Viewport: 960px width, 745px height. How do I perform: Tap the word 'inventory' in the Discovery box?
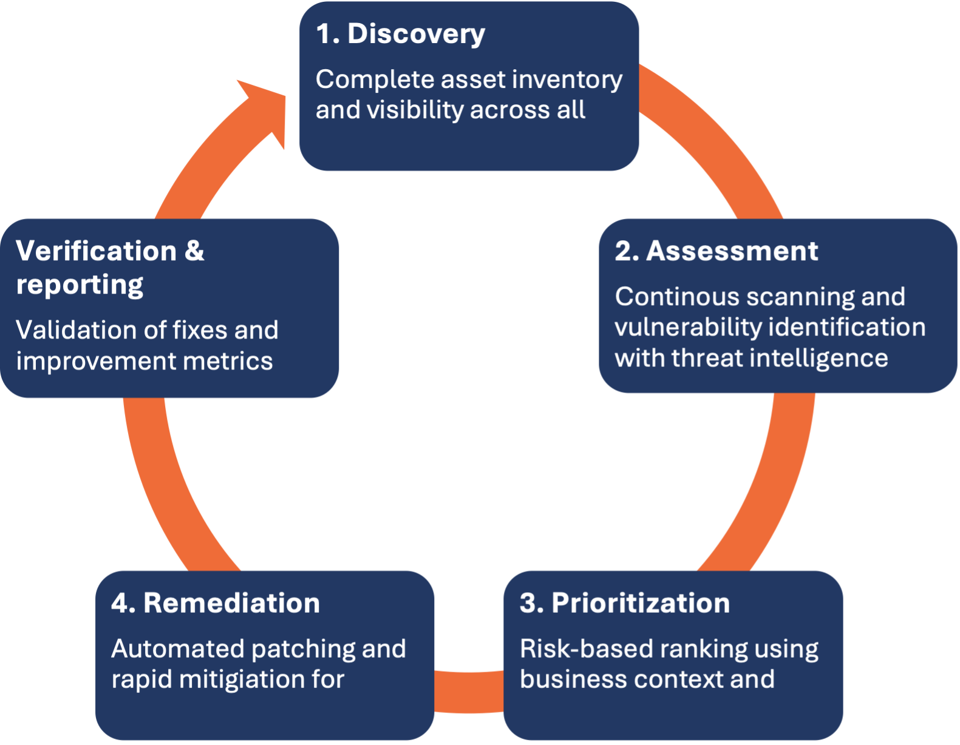click(567, 80)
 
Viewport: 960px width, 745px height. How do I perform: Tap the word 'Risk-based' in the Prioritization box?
click(586, 649)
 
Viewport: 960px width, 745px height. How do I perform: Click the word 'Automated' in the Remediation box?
click(177, 649)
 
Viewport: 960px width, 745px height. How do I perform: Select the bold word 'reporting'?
click(80, 285)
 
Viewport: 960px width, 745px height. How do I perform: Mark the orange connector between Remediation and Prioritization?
click(469, 692)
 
